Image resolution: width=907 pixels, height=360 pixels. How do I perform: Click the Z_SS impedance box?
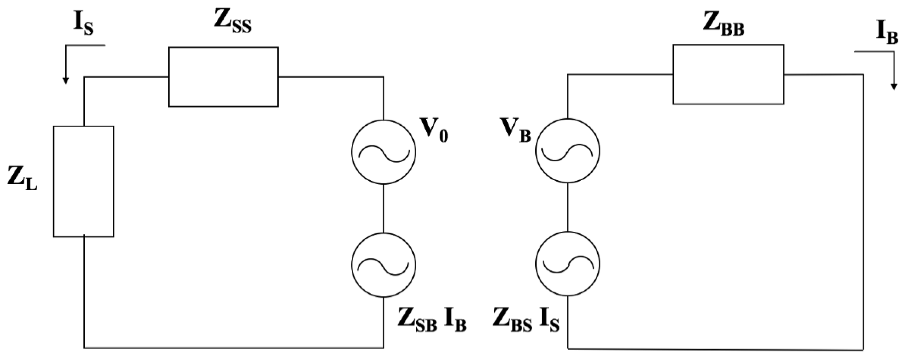223,77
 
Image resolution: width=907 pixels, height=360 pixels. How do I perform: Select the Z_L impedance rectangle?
84,181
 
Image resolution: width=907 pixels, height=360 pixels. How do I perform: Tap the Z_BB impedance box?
728,74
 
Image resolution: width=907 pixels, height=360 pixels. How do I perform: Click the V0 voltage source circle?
383,152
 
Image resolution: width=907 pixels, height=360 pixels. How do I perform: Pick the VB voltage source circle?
567,150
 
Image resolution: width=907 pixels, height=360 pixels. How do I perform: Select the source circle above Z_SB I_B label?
383,265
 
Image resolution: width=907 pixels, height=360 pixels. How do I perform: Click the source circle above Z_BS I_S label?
567,263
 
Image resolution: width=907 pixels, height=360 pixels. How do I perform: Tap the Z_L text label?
22,180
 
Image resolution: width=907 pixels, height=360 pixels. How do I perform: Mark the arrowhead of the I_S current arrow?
65,81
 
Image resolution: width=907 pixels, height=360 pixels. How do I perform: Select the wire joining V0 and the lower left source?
383,208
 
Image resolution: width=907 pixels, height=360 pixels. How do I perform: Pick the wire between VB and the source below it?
567,207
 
